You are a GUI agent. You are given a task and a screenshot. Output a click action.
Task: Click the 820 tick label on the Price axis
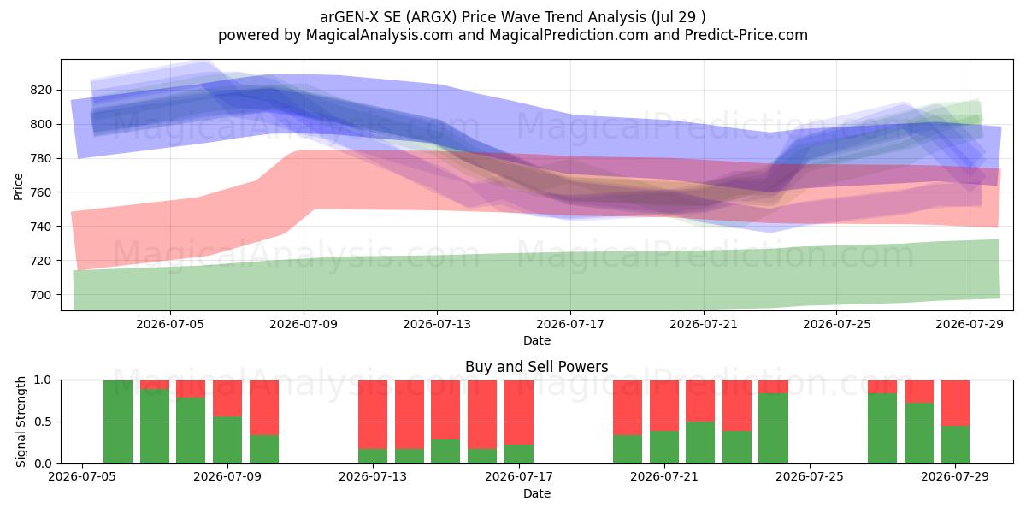click(x=41, y=91)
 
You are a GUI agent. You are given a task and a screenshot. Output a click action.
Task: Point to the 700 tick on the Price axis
click(x=41, y=295)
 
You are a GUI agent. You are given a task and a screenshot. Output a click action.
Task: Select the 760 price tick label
click(x=41, y=192)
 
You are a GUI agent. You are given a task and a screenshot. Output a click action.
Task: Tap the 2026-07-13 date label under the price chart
click(x=437, y=324)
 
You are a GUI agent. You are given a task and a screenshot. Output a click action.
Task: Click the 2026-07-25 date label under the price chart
click(x=836, y=324)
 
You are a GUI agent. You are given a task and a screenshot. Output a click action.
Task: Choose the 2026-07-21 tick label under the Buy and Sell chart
click(x=664, y=476)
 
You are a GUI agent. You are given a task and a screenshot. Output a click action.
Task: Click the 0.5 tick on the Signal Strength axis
click(x=43, y=422)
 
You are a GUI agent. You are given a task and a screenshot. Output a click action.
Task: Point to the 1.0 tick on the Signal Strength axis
click(x=43, y=380)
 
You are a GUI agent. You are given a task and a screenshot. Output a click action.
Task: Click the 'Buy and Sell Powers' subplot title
click(x=536, y=367)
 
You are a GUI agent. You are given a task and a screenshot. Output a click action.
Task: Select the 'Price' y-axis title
click(x=18, y=186)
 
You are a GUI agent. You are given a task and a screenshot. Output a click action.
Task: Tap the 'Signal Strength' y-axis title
click(x=21, y=422)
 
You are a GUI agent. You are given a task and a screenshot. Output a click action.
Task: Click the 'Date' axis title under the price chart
click(x=537, y=340)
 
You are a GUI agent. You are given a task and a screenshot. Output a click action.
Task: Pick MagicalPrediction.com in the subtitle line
click(x=569, y=35)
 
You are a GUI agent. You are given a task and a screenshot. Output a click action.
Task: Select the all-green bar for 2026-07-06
click(x=118, y=422)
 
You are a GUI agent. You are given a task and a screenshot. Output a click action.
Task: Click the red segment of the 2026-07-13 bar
click(x=373, y=415)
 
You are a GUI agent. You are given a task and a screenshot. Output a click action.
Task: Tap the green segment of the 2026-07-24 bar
click(x=773, y=428)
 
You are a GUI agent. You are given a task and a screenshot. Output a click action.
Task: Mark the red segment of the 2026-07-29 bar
click(x=955, y=403)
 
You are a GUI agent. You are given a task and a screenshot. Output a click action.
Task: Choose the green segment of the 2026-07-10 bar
click(x=264, y=450)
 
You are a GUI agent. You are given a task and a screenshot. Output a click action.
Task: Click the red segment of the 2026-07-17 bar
click(x=519, y=412)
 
